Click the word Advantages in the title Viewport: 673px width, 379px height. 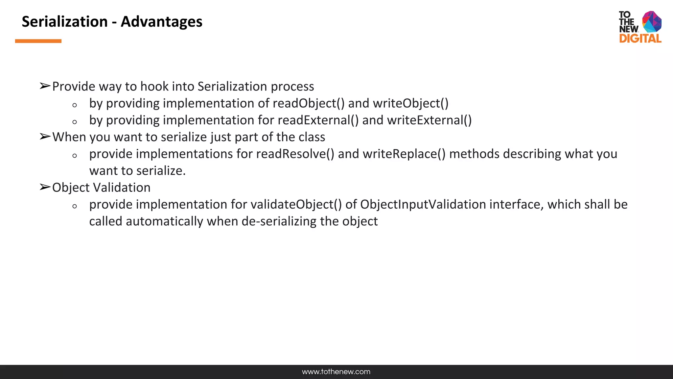pos(161,22)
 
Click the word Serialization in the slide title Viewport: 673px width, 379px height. pos(65,22)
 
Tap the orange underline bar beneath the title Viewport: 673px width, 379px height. pos(38,41)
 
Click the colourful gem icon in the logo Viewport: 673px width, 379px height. pos(652,22)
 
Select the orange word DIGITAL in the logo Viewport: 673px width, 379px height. pos(640,39)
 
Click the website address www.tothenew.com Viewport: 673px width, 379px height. pos(336,372)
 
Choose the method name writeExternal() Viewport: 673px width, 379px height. pos(429,120)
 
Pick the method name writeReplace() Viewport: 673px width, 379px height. pos(404,154)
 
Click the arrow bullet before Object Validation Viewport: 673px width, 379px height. pos(45,188)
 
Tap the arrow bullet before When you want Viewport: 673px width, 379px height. pos(45,137)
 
